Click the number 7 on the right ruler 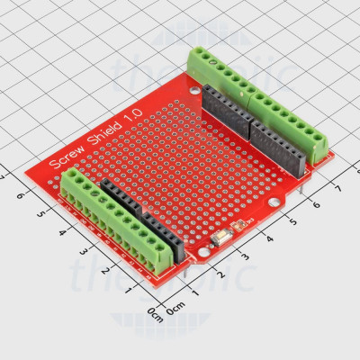336,187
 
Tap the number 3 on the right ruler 248,258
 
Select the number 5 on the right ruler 292,222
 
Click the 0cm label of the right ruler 178,310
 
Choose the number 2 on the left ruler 104,270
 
